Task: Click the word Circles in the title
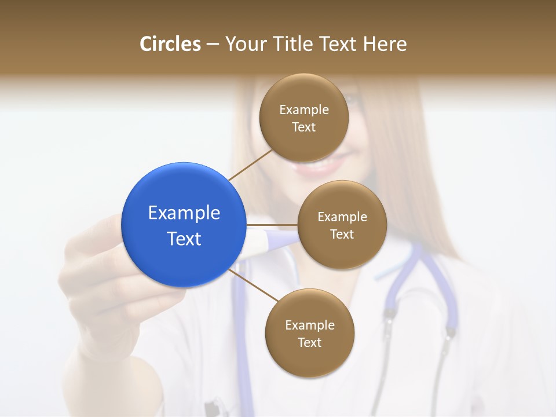point(170,44)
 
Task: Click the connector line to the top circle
point(250,164)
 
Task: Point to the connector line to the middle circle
point(272,225)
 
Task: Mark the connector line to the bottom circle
point(254,285)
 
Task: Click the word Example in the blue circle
point(184,213)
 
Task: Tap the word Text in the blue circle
point(184,239)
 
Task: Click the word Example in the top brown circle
point(304,109)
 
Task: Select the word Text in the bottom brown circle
point(309,342)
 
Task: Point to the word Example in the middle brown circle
point(342,217)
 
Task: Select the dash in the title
point(213,44)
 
